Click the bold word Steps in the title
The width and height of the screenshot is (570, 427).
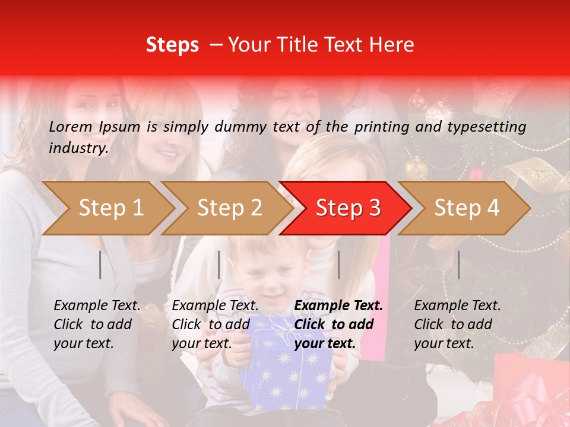coord(172,45)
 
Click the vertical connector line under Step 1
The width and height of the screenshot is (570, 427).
coord(100,265)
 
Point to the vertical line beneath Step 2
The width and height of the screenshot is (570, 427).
coord(219,265)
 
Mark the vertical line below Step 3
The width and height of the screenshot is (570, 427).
coord(338,265)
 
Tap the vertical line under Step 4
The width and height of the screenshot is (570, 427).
coord(458,265)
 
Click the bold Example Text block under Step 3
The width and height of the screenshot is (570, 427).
coord(338,324)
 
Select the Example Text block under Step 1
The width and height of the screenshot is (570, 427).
coord(97,324)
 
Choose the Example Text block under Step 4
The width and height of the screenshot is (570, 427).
coord(457,324)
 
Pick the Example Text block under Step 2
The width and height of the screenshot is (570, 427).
coord(215,324)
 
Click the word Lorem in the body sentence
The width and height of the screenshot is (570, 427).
coord(70,126)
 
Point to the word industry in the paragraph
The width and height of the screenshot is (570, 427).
coord(78,148)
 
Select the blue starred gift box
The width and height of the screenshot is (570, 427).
coord(285,368)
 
